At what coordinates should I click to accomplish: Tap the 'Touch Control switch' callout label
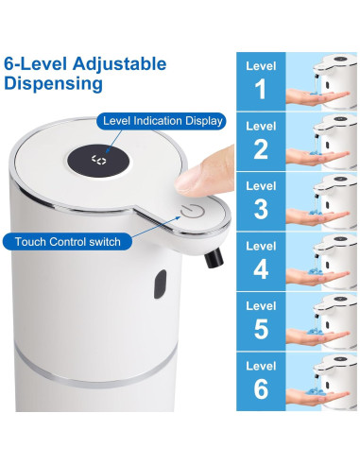point(68,242)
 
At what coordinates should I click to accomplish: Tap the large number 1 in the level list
point(262,91)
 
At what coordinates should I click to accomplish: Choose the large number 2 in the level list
point(262,149)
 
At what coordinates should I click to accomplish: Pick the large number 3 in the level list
point(262,209)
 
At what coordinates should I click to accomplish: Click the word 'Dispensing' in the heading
point(54,83)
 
